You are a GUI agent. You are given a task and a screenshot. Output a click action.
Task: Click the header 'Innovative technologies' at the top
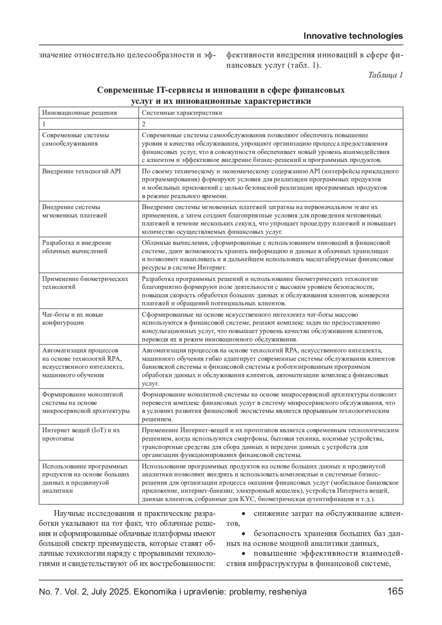[353, 36]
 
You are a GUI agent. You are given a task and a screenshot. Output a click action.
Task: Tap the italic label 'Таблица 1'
[385, 75]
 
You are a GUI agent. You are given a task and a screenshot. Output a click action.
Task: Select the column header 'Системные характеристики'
[182, 113]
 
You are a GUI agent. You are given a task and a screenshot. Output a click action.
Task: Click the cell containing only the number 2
[144, 124]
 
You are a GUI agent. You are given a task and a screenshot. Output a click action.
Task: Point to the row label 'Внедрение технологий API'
[81, 171]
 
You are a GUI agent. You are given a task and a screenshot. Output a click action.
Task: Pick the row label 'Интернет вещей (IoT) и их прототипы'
[81, 434]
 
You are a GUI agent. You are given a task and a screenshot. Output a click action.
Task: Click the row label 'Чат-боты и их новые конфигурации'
[73, 319]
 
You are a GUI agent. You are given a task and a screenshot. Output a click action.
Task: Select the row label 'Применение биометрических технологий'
[85, 283]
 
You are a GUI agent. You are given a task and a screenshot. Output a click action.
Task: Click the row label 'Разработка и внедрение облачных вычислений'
[77, 247]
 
